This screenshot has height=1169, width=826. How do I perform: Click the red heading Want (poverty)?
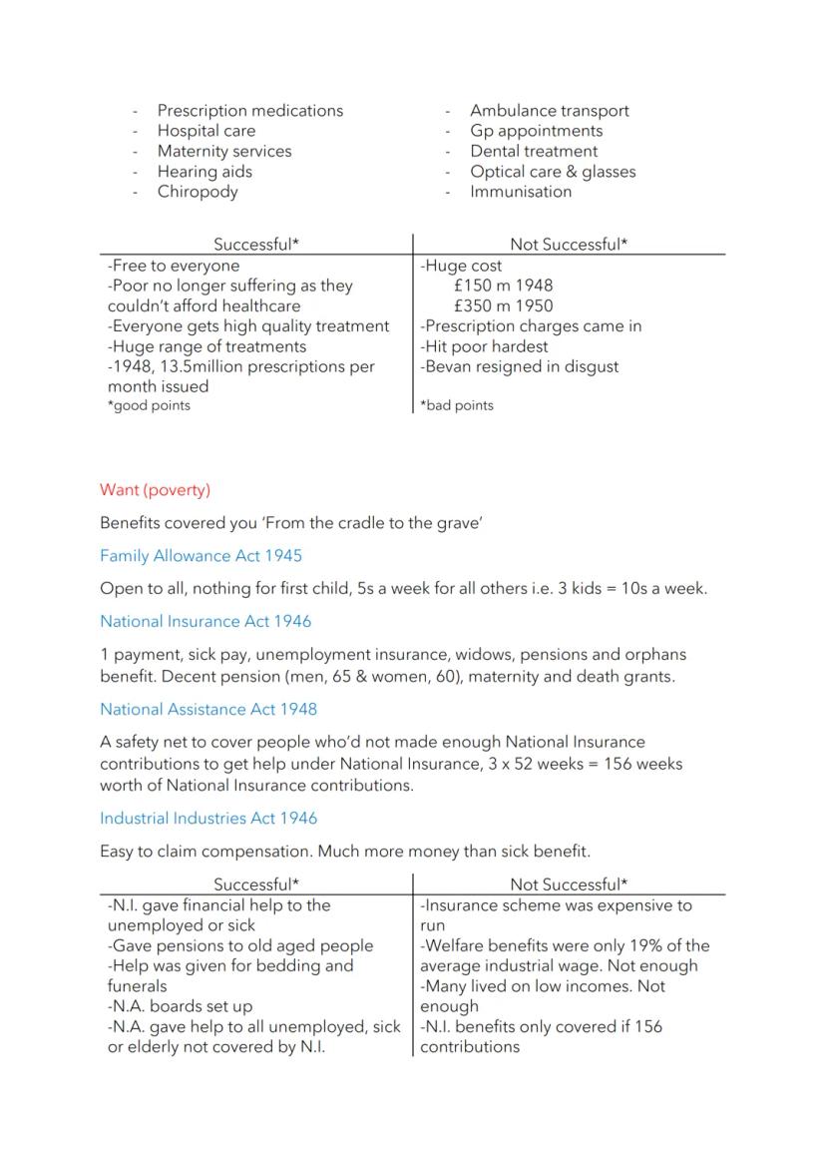(155, 490)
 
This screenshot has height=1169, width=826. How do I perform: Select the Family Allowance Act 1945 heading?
(201, 556)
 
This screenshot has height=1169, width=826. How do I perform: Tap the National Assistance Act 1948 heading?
(207, 710)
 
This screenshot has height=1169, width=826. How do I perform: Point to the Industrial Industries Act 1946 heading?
(207, 819)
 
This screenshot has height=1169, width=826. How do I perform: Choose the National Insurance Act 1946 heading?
(205, 622)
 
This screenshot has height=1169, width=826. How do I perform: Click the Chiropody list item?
(197, 192)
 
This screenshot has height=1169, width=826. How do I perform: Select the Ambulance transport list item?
(549, 111)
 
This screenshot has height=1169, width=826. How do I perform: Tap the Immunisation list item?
(521, 192)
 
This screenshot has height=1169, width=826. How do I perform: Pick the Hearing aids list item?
(205, 172)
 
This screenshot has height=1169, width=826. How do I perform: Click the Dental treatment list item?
(534, 152)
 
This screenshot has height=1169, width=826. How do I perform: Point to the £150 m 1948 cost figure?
(502, 287)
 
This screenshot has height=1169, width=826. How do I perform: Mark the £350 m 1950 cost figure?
(502, 306)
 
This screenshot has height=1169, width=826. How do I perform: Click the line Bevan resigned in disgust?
(519, 366)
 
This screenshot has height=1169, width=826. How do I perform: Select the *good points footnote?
(149, 406)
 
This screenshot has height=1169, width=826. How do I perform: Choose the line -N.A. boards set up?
(180, 1006)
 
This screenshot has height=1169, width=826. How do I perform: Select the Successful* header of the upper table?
(256, 245)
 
